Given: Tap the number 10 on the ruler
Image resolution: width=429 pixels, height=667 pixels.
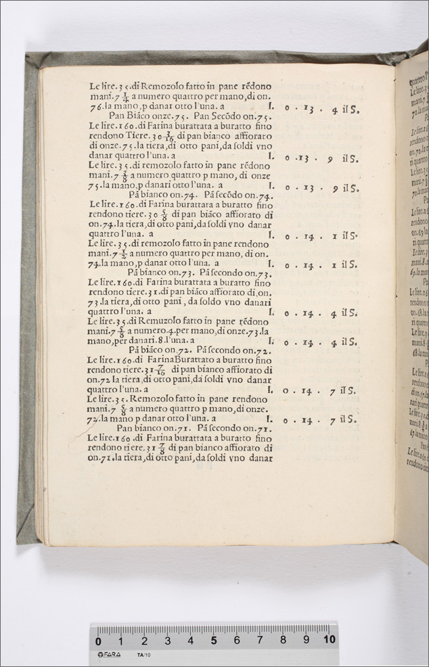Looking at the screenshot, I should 329,639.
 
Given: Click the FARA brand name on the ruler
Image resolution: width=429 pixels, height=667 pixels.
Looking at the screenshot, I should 108,655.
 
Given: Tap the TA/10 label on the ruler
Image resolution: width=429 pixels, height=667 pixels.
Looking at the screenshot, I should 143,655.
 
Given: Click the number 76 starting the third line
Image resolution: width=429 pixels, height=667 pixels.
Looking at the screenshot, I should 95,107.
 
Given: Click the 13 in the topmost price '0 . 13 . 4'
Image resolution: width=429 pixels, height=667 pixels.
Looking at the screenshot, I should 310,108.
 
